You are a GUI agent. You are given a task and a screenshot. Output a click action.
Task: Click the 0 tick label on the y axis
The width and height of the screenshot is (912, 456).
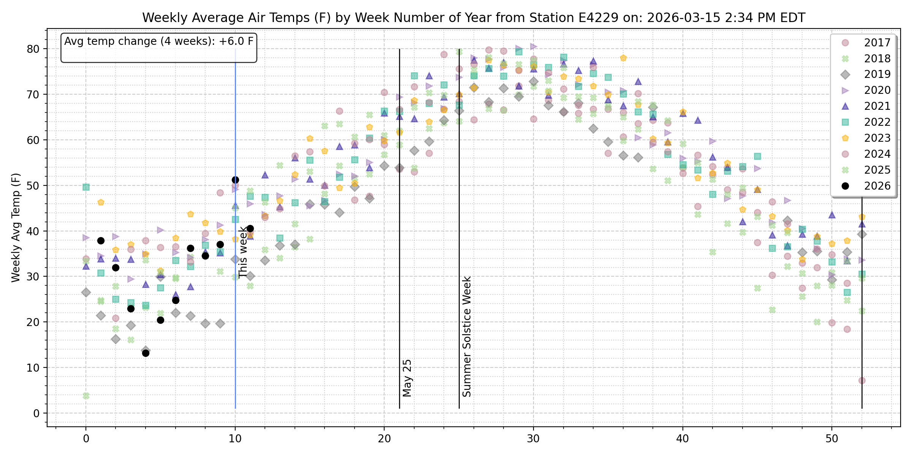36,413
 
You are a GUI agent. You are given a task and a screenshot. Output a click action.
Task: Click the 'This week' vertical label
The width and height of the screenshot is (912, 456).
243,252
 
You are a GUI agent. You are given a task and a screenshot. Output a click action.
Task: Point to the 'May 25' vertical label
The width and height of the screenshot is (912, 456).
407,378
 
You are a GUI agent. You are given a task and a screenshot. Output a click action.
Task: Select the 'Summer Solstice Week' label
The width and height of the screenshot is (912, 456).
467,337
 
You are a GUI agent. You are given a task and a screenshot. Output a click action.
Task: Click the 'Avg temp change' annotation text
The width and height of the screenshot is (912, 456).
159,41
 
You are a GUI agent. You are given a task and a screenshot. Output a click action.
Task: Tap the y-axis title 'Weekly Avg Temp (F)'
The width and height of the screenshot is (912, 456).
16,228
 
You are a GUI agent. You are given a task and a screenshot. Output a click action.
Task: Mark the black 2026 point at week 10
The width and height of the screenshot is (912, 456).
235,180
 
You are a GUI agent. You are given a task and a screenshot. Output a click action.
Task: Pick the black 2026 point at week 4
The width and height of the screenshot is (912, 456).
146,353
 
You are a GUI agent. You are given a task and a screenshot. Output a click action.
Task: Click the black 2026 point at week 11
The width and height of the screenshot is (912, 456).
250,228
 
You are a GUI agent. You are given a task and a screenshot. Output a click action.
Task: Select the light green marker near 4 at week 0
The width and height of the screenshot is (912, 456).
86,396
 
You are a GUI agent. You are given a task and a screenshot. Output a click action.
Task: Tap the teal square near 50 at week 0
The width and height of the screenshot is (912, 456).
86,187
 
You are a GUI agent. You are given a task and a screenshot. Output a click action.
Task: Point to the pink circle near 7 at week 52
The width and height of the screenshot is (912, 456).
862,380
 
